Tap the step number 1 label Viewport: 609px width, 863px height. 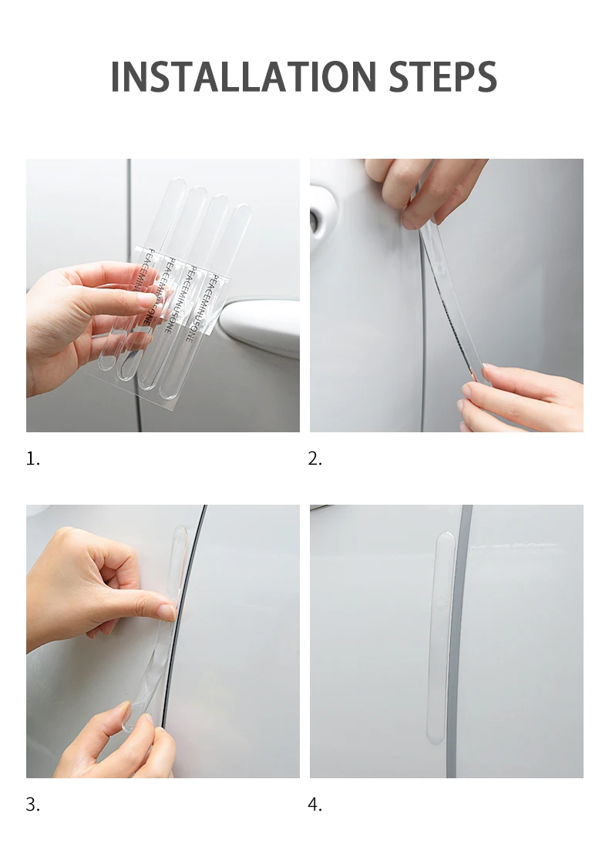[x=32, y=459]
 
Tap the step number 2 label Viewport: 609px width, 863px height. [x=315, y=459]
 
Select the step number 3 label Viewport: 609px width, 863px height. [x=32, y=805]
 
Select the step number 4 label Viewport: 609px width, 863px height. [x=315, y=805]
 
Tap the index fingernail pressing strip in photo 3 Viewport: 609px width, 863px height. [x=167, y=612]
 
